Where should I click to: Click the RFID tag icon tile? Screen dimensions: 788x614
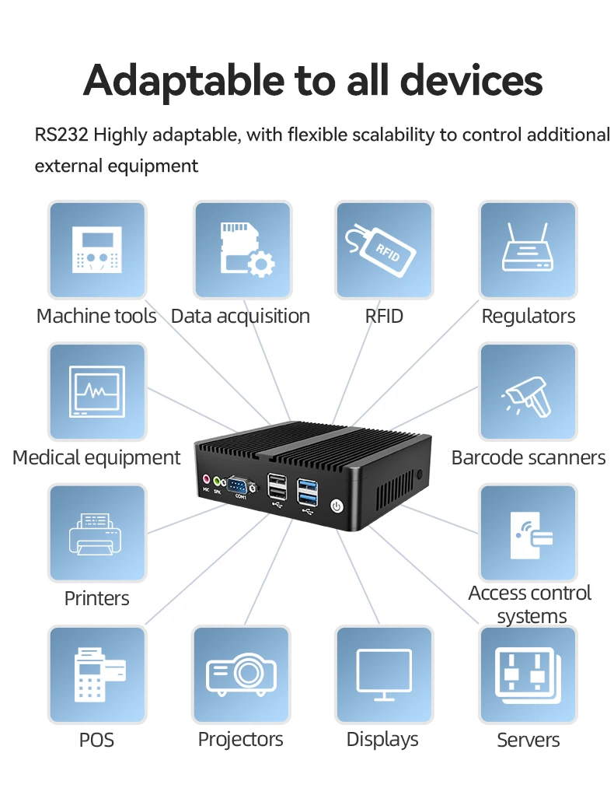pos(383,250)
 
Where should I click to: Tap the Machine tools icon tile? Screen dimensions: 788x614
pos(97,250)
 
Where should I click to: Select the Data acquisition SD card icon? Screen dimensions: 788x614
pos(242,250)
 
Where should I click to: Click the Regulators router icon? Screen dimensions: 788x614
pos(528,250)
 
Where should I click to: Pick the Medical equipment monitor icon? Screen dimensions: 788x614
pos(97,392)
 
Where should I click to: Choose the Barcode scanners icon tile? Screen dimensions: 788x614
pos(528,392)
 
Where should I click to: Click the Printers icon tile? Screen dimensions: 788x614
pos(97,534)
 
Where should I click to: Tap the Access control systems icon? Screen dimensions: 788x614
pos(528,534)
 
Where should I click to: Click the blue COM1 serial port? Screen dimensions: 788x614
pos(239,487)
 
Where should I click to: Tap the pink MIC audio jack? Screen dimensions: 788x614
pos(206,481)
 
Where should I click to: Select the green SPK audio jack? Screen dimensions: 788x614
pos(218,482)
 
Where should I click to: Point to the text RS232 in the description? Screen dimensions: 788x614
pos(61,135)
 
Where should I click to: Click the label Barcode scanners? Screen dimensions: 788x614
pos(528,457)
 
